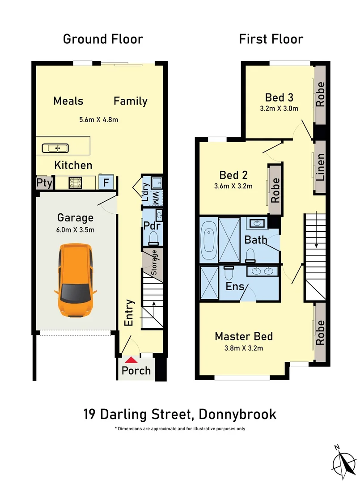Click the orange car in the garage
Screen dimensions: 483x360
tap(75, 280)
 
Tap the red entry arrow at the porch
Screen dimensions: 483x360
tap(131, 359)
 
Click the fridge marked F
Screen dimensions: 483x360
tap(106, 182)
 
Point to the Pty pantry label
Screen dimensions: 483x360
tap(44, 183)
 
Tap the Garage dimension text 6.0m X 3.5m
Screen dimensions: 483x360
tap(75, 230)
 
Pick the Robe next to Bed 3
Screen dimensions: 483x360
tap(320, 94)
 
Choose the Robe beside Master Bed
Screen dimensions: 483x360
tap(320, 332)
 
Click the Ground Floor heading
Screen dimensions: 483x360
tap(103, 39)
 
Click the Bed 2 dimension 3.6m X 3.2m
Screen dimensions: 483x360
tap(233, 186)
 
